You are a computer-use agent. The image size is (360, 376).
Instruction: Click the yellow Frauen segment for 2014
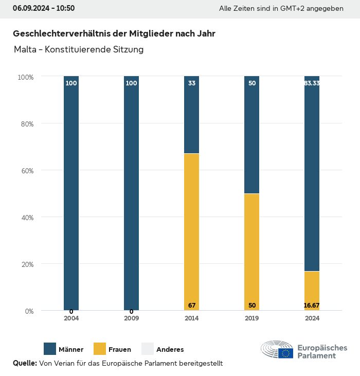click(x=192, y=231)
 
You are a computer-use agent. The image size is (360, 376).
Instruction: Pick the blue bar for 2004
click(x=71, y=193)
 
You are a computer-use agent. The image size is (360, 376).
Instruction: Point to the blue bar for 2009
click(x=132, y=193)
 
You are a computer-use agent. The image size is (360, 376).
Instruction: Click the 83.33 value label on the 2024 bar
click(x=312, y=83)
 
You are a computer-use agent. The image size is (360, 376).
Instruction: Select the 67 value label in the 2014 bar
click(x=192, y=306)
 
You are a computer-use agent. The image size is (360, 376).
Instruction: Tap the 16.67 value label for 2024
click(x=312, y=306)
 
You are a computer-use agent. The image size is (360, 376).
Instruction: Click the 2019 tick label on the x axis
click(x=252, y=318)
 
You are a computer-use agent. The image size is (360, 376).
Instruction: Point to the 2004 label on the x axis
click(x=71, y=318)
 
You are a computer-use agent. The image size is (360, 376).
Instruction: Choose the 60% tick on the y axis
click(x=26, y=171)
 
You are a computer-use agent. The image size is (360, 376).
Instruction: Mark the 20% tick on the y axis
click(x=26, y=264)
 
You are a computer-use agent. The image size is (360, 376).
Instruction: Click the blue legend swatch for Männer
click(x=50, y=349)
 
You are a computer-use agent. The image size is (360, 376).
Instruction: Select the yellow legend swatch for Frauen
click(x=100, y=349)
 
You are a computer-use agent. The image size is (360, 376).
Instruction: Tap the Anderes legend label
click(x=170, y=350)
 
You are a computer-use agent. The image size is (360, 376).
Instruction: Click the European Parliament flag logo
click(x=286, y=353)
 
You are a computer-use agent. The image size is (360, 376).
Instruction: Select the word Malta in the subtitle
click(x=24, y=50)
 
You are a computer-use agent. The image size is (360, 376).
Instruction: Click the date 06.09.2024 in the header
click(x=30, y=9)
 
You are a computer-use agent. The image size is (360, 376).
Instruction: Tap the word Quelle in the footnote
click(x=25, y=364)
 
